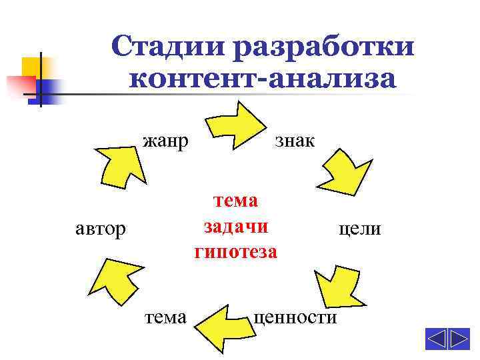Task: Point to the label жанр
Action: click(165, 141)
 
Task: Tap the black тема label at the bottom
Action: click(165, 317)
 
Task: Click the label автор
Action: click(99, 229)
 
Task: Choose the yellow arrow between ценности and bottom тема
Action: click(223, 324)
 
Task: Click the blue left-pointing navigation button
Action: click(436, 339)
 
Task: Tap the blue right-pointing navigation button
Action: click(459, 339)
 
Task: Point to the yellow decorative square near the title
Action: click(31, 67)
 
